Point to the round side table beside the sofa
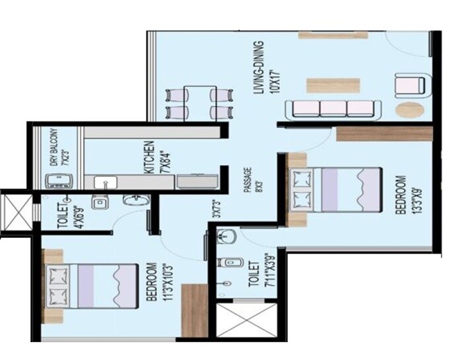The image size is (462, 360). (x=410, y=110)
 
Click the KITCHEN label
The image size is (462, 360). (x=148, y=157)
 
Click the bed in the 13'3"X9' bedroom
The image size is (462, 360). (x=335, y=190)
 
